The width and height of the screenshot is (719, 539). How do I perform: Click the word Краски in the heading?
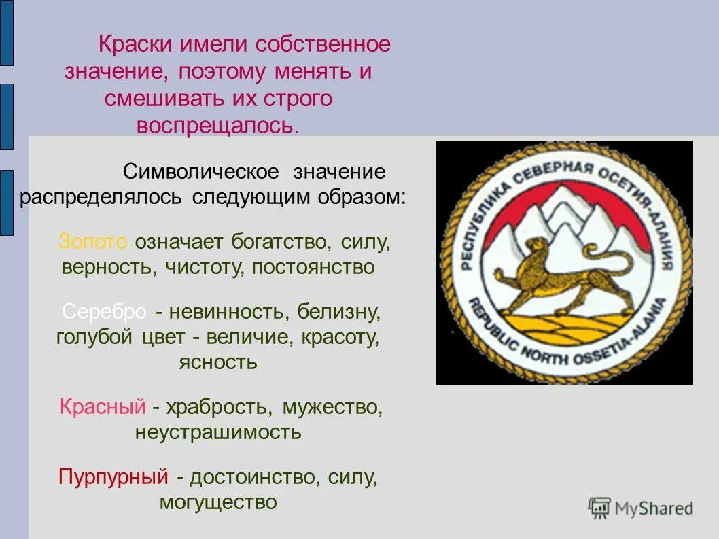[x=135, y=45]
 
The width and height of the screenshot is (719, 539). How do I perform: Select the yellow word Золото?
[x=93, y=241]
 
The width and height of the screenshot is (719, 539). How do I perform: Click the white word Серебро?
[x=104, y=312]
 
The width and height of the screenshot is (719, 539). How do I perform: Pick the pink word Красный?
[x=103, y=407]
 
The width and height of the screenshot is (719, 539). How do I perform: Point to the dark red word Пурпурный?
[x=113, y=476]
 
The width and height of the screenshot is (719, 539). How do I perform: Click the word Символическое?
[x=202, y=171]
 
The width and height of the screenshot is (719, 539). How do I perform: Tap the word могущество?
[x=218, y=502]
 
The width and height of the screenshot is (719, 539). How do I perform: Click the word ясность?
[x=217, y=362]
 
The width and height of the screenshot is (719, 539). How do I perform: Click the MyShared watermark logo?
[x=640, y=508]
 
